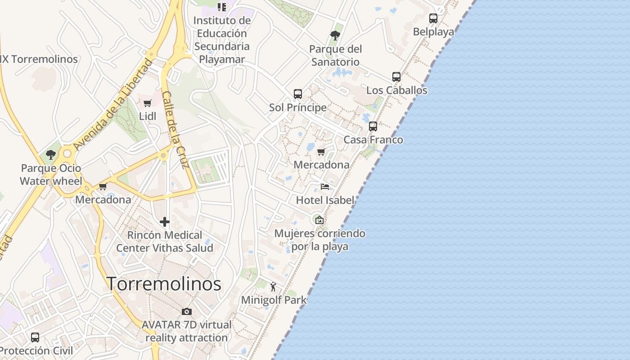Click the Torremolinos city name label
pos(164,284)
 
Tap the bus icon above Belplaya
pos(433,18)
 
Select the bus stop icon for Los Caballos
pos(396,77)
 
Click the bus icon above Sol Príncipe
pos(298,94)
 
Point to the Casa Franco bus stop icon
pos(373,126)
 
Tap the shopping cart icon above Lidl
pos(148,103)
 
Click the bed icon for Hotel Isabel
pos(325,187)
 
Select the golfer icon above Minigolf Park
pos(273,286)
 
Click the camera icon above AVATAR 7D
pos(187,311)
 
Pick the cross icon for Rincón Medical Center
pos(165,221)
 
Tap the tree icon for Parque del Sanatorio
pos(335,35)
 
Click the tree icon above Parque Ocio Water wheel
pos(51,155)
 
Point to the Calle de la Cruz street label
pos(174,130)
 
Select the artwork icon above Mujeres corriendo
pos(319,220)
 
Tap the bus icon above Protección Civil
pos(35,337)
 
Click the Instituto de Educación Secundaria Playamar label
pos(222,40)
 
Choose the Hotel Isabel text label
pos(325,200)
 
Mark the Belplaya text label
pos(433,32)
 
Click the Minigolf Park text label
pos(274,300)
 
